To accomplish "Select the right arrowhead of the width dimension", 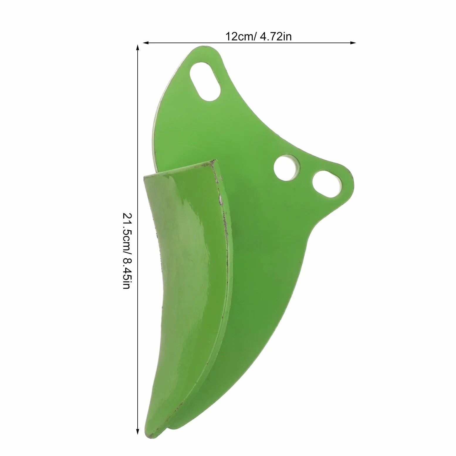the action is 353,43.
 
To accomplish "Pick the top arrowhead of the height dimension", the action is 137,48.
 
